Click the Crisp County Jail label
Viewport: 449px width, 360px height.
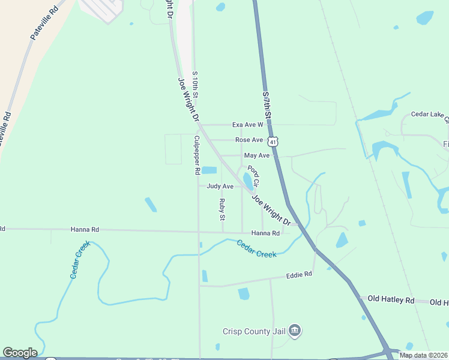point(254,331)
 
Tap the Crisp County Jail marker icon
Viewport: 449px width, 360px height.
point(295,330)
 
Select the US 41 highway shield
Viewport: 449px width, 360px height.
point(273,142)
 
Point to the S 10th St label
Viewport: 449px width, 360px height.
point(195,85)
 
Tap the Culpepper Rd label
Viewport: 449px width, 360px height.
point(196,155)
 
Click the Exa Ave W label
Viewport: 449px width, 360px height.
point(247,125)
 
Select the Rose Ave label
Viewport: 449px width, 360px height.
point(249,140)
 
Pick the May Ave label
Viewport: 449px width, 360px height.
point(257,155)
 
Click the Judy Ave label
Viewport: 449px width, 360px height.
point(220,187)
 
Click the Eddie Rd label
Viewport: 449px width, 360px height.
point(299,274)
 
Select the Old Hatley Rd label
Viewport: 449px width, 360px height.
point(391,299)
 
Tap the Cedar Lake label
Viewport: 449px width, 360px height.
point(429,115)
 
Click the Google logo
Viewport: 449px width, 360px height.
point(20,353)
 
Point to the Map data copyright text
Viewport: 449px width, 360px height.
point(423,355)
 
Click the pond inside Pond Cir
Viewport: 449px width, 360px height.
point(247,181)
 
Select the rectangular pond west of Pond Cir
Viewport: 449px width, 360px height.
point(209,170)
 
